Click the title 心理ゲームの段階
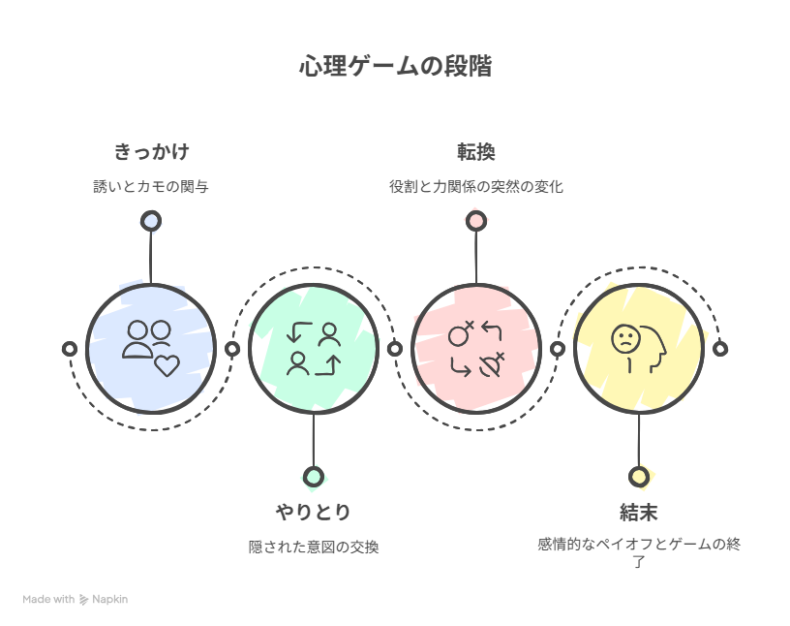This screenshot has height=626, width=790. (x=395, y=67)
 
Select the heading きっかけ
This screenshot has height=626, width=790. (x=150, y=152)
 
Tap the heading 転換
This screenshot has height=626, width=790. (x=475, y=152)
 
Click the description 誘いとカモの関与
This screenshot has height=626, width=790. (x=150, y=187)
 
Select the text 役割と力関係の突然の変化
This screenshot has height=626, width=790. (x=475, y=187)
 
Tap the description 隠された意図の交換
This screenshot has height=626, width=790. (x=313, y=548)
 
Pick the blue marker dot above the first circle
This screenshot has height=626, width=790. (x=150, y=221)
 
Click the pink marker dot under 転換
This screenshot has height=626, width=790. (x=475, y=221)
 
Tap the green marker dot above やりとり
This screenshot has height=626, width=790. (x=313, y=476)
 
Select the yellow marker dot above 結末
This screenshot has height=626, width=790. (x=638, y=476)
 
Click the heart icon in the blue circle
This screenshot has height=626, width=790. (x=167, y=365)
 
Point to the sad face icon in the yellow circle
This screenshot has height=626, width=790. (x=625, y=339)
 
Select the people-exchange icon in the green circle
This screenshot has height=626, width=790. (x=313, y=349)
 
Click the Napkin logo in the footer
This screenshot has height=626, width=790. (x=84, y=600)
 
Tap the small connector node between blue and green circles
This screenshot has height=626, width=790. (x=231, y=349)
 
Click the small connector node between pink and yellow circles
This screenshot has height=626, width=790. (x=557, y=349)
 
